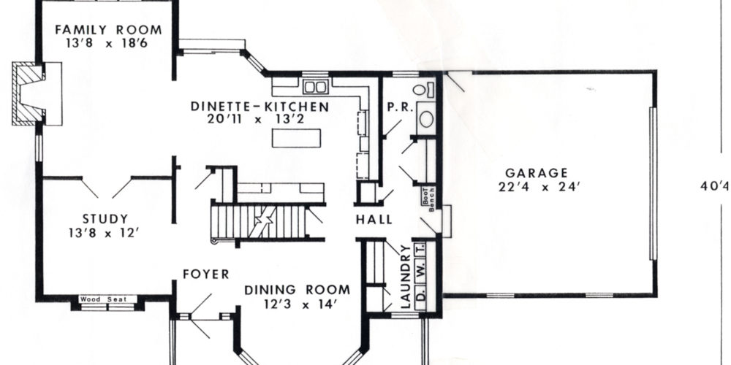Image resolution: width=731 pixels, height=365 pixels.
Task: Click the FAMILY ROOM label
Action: pyautogui.click(x=108, y=30)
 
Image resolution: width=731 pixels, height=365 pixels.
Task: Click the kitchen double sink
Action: pyautogui.click(x=316, y=87)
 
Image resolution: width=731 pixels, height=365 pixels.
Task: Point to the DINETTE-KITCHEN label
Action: pyautogui.click(x=260, y=107)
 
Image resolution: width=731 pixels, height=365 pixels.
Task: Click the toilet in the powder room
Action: pyautogui.click(x=423, y=89)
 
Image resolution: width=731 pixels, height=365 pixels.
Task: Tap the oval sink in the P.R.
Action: pyautogui.click(x=426, y=119)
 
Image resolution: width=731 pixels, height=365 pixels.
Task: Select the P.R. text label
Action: pyautogui.click(x=401, y=107)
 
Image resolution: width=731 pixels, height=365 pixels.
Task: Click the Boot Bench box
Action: pyautogui.click(x=429, y=199)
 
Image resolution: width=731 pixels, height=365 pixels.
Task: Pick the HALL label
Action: pyautogui.click(x=374, y=219)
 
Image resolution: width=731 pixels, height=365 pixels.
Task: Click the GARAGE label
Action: pyautogui.click(x=537, y=173)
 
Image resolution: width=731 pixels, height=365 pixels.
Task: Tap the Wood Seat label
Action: pyautogui.click(x=107, y=299)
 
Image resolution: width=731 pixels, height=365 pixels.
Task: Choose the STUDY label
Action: pyautogui.click(x=105, y=219)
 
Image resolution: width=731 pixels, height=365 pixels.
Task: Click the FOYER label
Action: pyautogui.click(x=206, y=274)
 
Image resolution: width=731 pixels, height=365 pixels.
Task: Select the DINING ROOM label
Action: pyautogui.click(x=298, y=290)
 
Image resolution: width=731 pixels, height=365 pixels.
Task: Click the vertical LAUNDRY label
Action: pyautogui.click(x=406, y=277)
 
